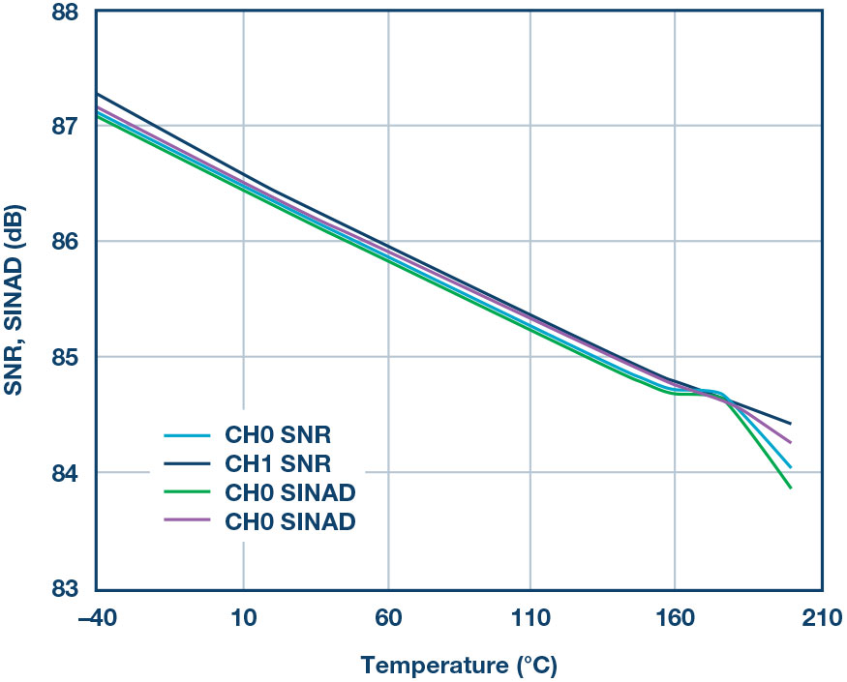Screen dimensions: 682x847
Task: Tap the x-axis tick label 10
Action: pyautogui.click(x=242, y=617)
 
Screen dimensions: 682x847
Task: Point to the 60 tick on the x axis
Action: pyautogui.click(x=387, y=617)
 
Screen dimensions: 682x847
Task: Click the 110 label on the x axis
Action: pyautogui.click(x=530, y=617)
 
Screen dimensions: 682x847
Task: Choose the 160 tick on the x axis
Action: pyautogui.click(x=675, y=617)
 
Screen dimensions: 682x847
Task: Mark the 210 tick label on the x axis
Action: pyautogui.click(x=819, y=617)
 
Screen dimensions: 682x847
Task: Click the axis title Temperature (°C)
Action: pyautogui.click(x=460, y=666)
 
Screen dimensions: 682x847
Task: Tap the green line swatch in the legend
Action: pyautogui.click(x=183, y=492)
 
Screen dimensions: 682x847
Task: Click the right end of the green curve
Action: pyautogui.click(x=791, y=488)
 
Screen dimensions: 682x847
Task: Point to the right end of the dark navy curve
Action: pyautogui.click(x=791, y=424)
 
